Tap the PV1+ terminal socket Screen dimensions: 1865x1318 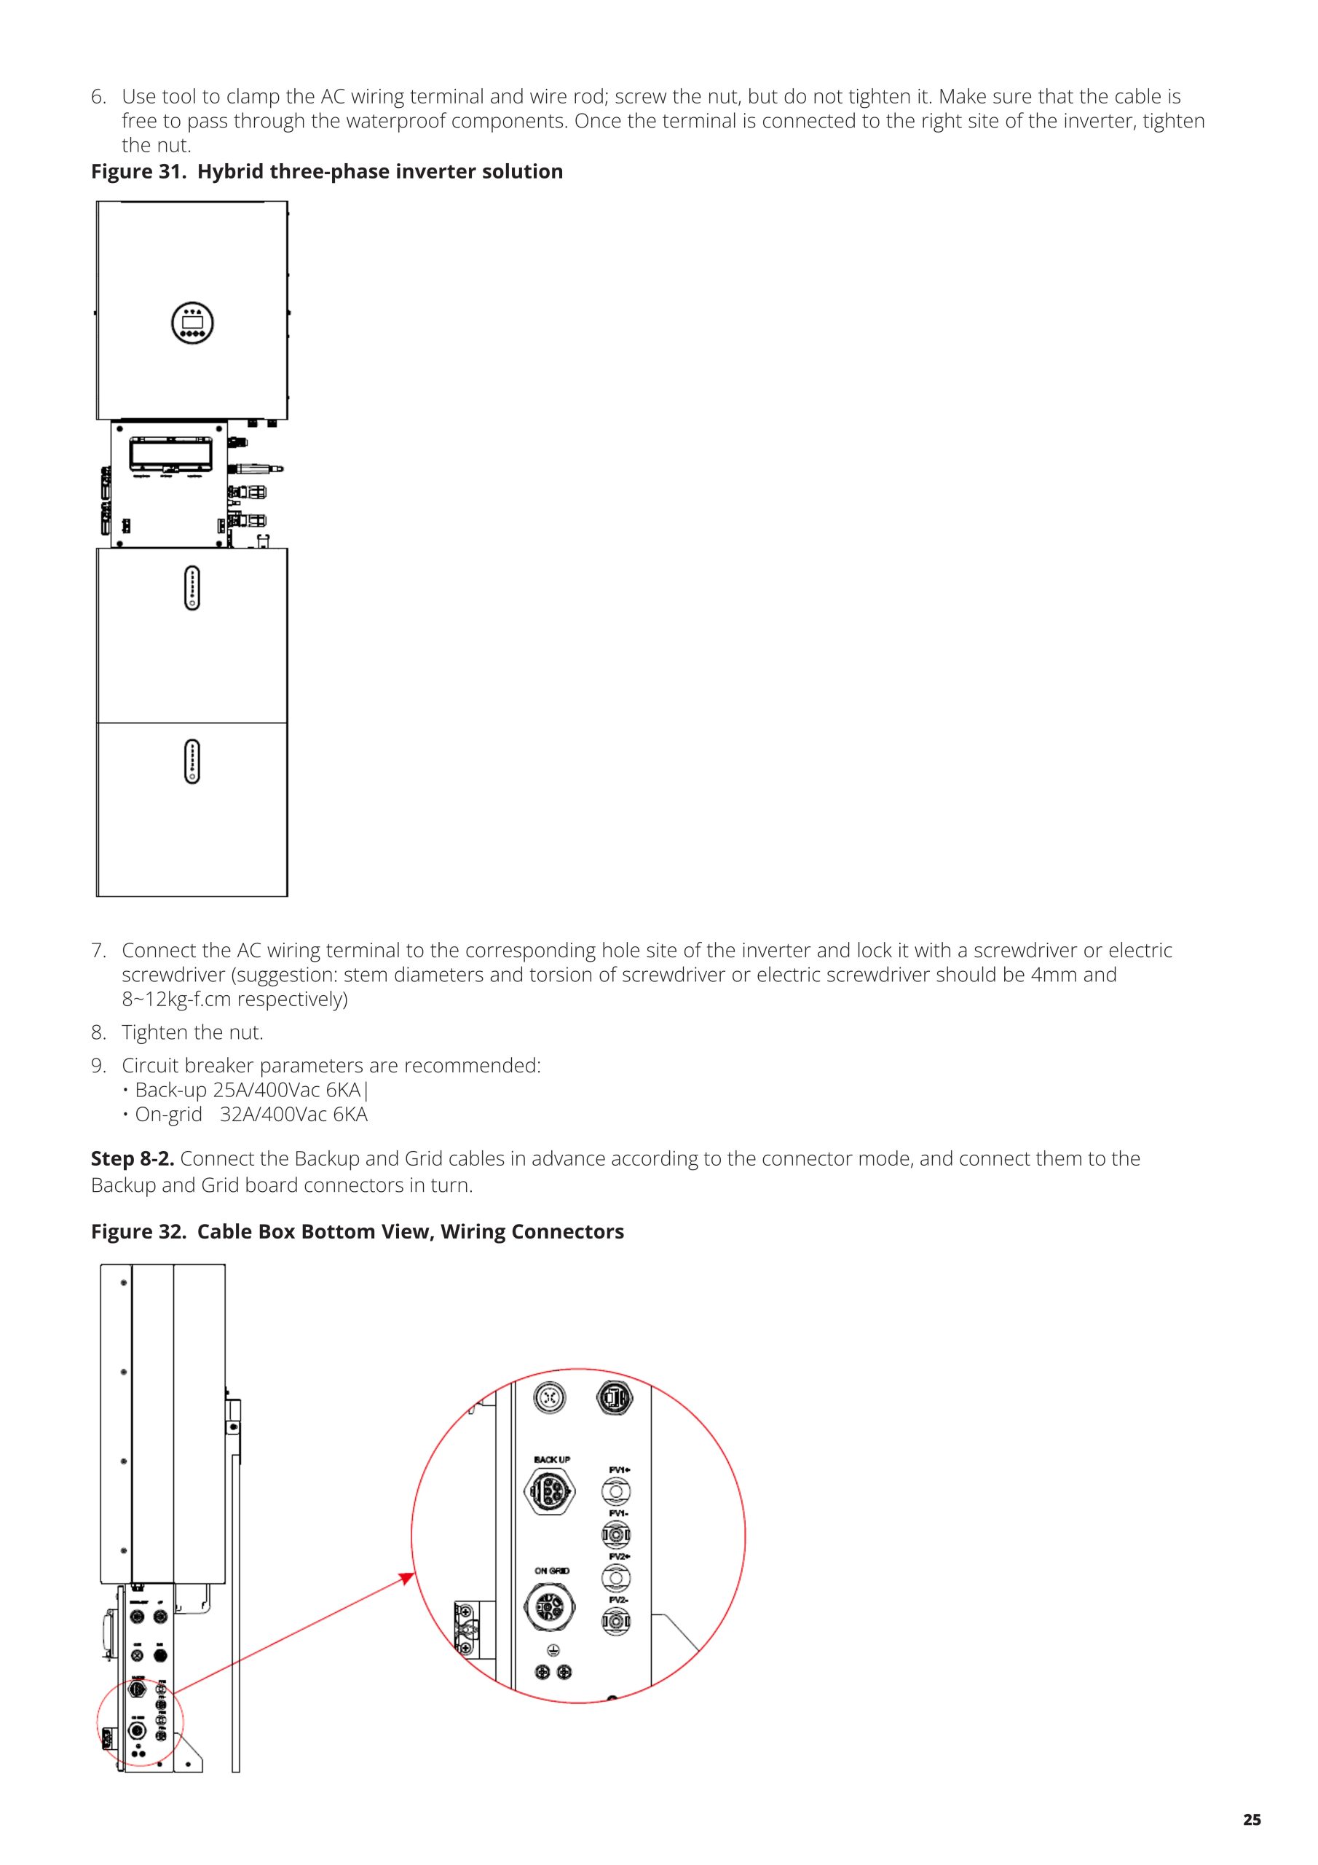pyautogui.click(x=616, y=1491)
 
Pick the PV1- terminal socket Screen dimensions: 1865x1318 pyautogui.click(x=616, y=1534)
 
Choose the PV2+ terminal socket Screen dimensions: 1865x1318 pyautogui.click(x=616, y=1578)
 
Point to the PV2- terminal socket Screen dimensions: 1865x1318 pyautogui.click(x=616, y=1622)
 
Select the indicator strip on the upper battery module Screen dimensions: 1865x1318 pyautogui.click(x=192, y=588)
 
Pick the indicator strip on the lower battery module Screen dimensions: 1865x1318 pyautogui.click(x=192, y=761)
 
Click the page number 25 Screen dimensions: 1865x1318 pyautogui.click(x=1252, y=1820)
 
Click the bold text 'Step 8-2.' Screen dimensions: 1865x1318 pyautogui.click(x=133, y=1158)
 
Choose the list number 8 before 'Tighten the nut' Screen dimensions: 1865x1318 pyautogui.click(x=98, y=1032)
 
